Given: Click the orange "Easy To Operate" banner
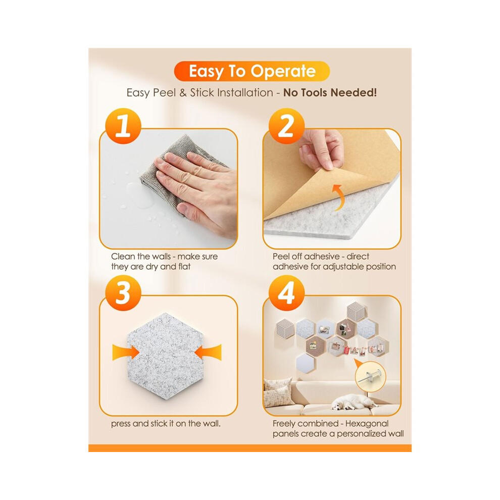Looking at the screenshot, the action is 252,71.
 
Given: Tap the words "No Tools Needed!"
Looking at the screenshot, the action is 330,92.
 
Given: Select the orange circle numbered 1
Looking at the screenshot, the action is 123,126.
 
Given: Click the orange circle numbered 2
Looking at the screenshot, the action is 286,126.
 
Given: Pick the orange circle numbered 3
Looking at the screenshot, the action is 123,293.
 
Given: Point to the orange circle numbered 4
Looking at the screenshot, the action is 286,293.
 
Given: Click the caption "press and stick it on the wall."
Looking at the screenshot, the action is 166,423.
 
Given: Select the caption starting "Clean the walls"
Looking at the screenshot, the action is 164,262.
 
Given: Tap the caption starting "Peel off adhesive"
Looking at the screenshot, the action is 334,262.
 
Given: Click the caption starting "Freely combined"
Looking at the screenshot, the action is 338,429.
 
